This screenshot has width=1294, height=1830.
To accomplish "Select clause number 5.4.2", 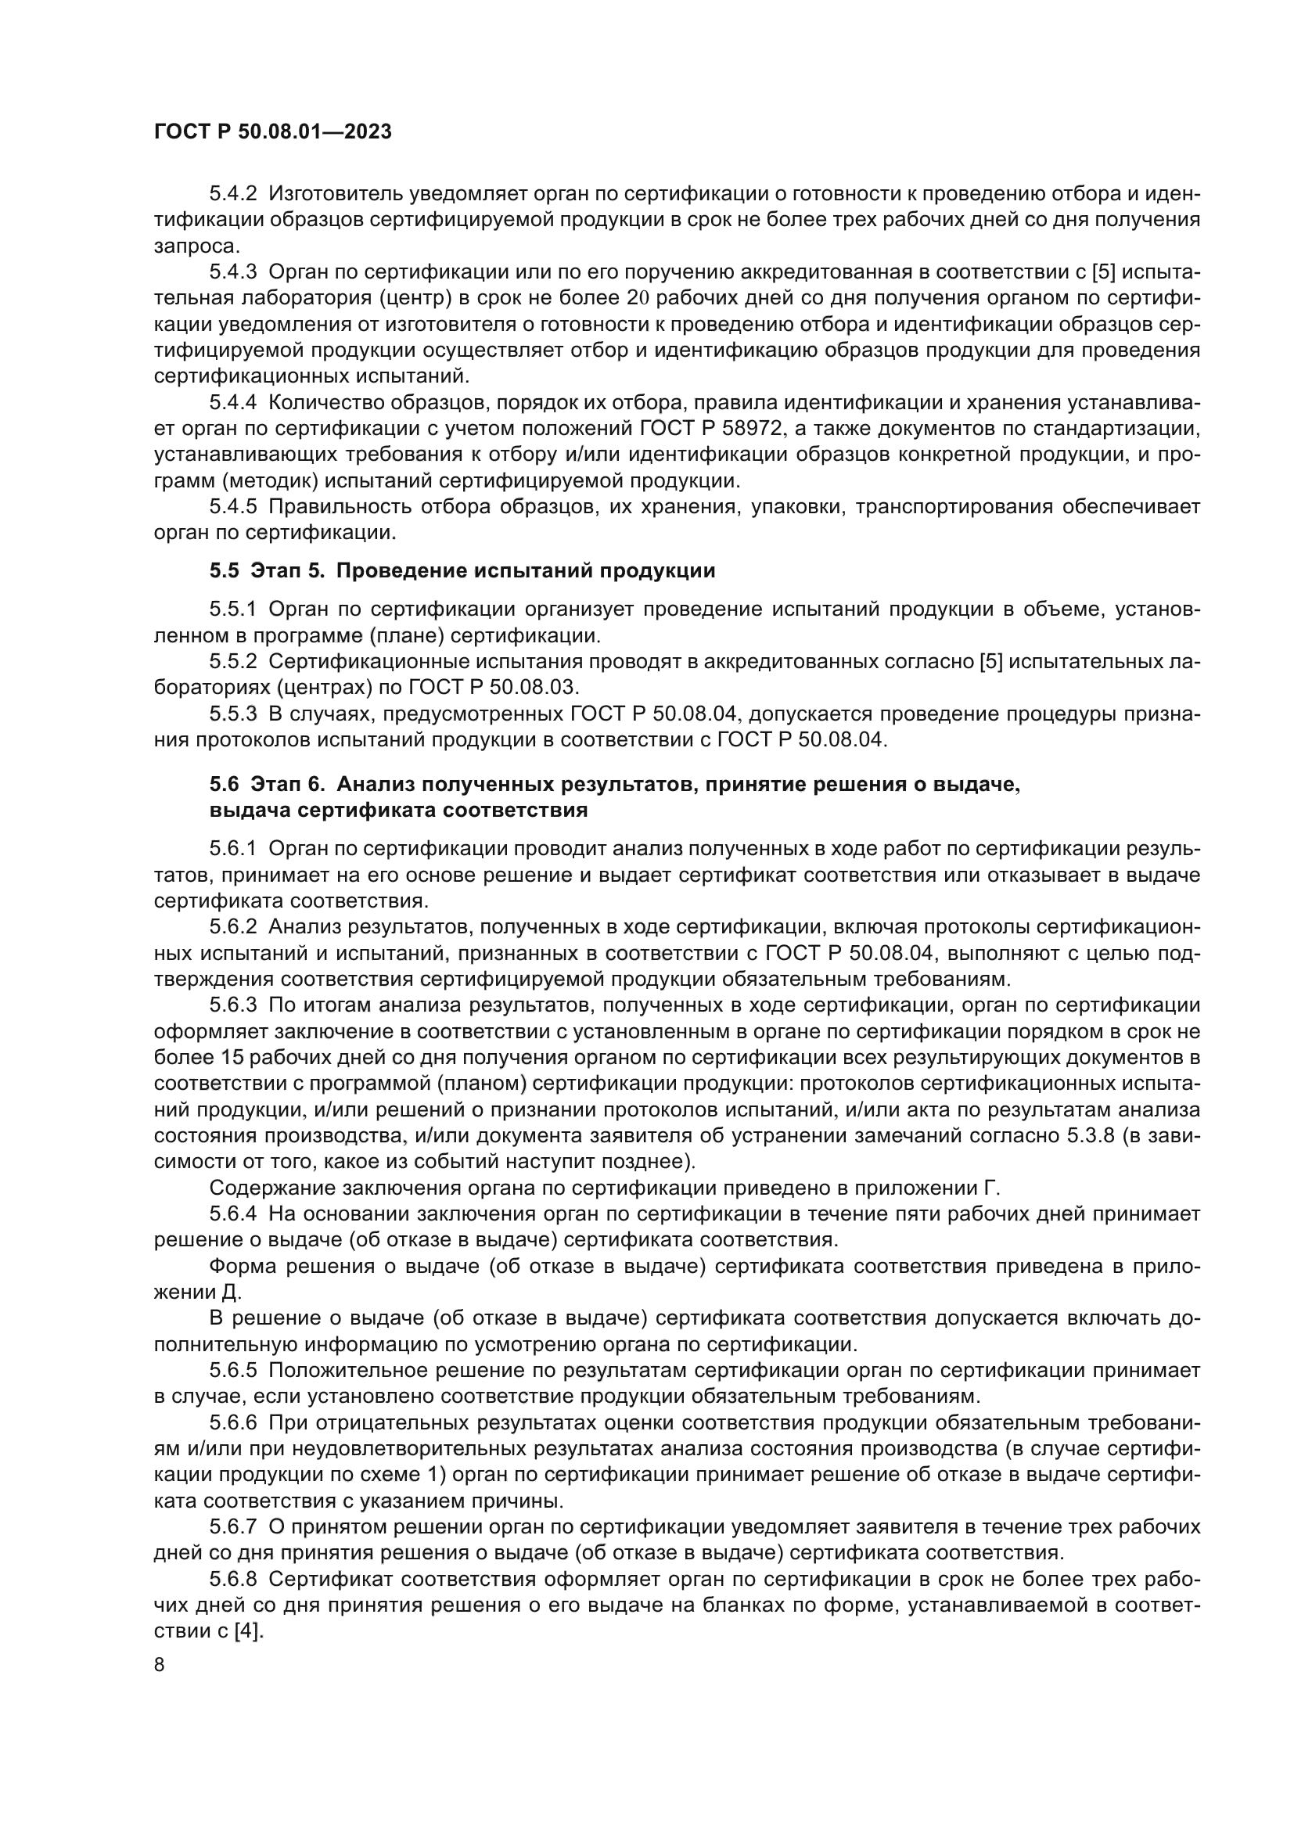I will point(232,194).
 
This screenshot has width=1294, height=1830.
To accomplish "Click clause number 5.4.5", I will point(232,507).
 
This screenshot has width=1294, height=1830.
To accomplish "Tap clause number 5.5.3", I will point(232,714).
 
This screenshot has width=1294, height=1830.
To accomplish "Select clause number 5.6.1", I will point(232,850).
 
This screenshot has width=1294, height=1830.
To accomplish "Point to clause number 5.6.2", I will point(232,927).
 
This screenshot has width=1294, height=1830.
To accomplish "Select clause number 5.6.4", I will point(232,1214).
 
